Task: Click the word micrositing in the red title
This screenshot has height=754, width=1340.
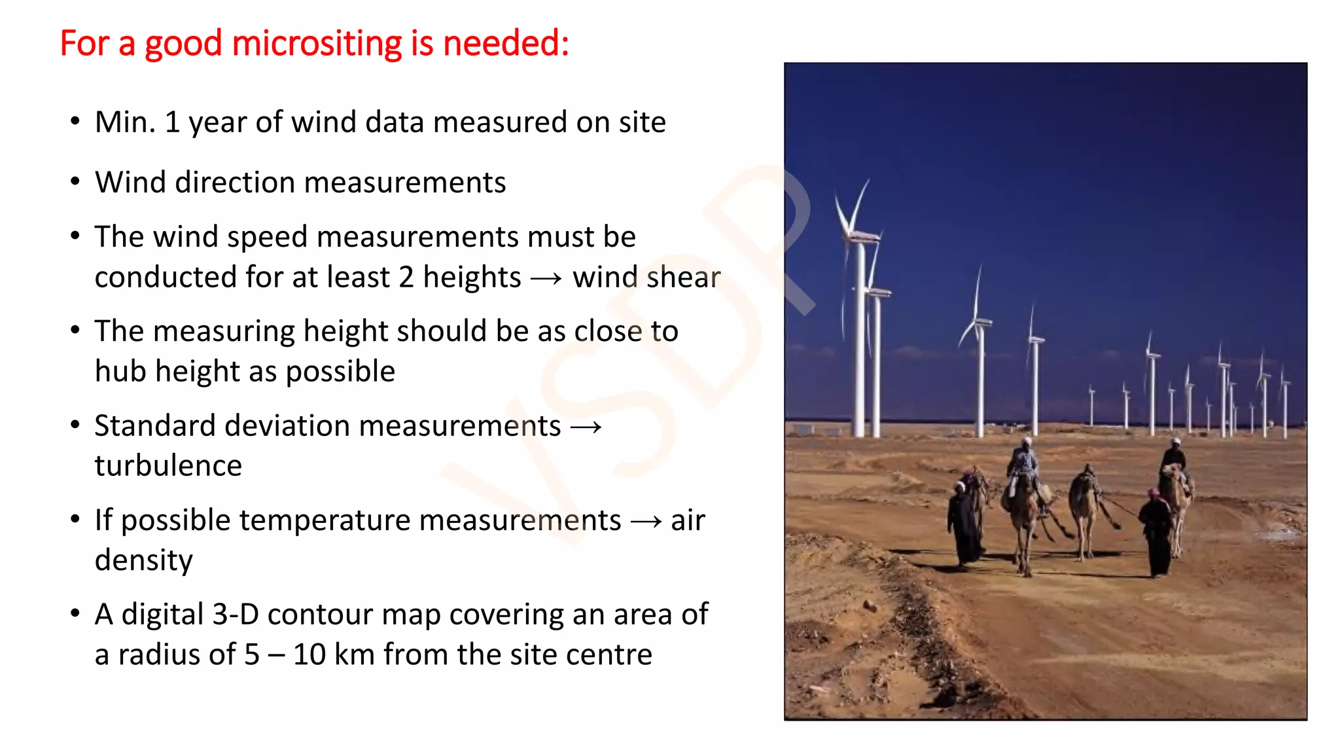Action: (317, 44)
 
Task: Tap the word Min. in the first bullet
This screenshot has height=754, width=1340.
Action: (125, 122)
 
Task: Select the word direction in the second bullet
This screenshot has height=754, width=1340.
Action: (236, 183)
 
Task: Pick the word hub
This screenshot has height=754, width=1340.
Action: (121, 372)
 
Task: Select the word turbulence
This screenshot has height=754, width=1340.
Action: (168, 466)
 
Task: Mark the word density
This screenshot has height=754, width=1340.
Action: (144, 561)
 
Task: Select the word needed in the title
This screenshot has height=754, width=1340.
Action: (499, 44)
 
